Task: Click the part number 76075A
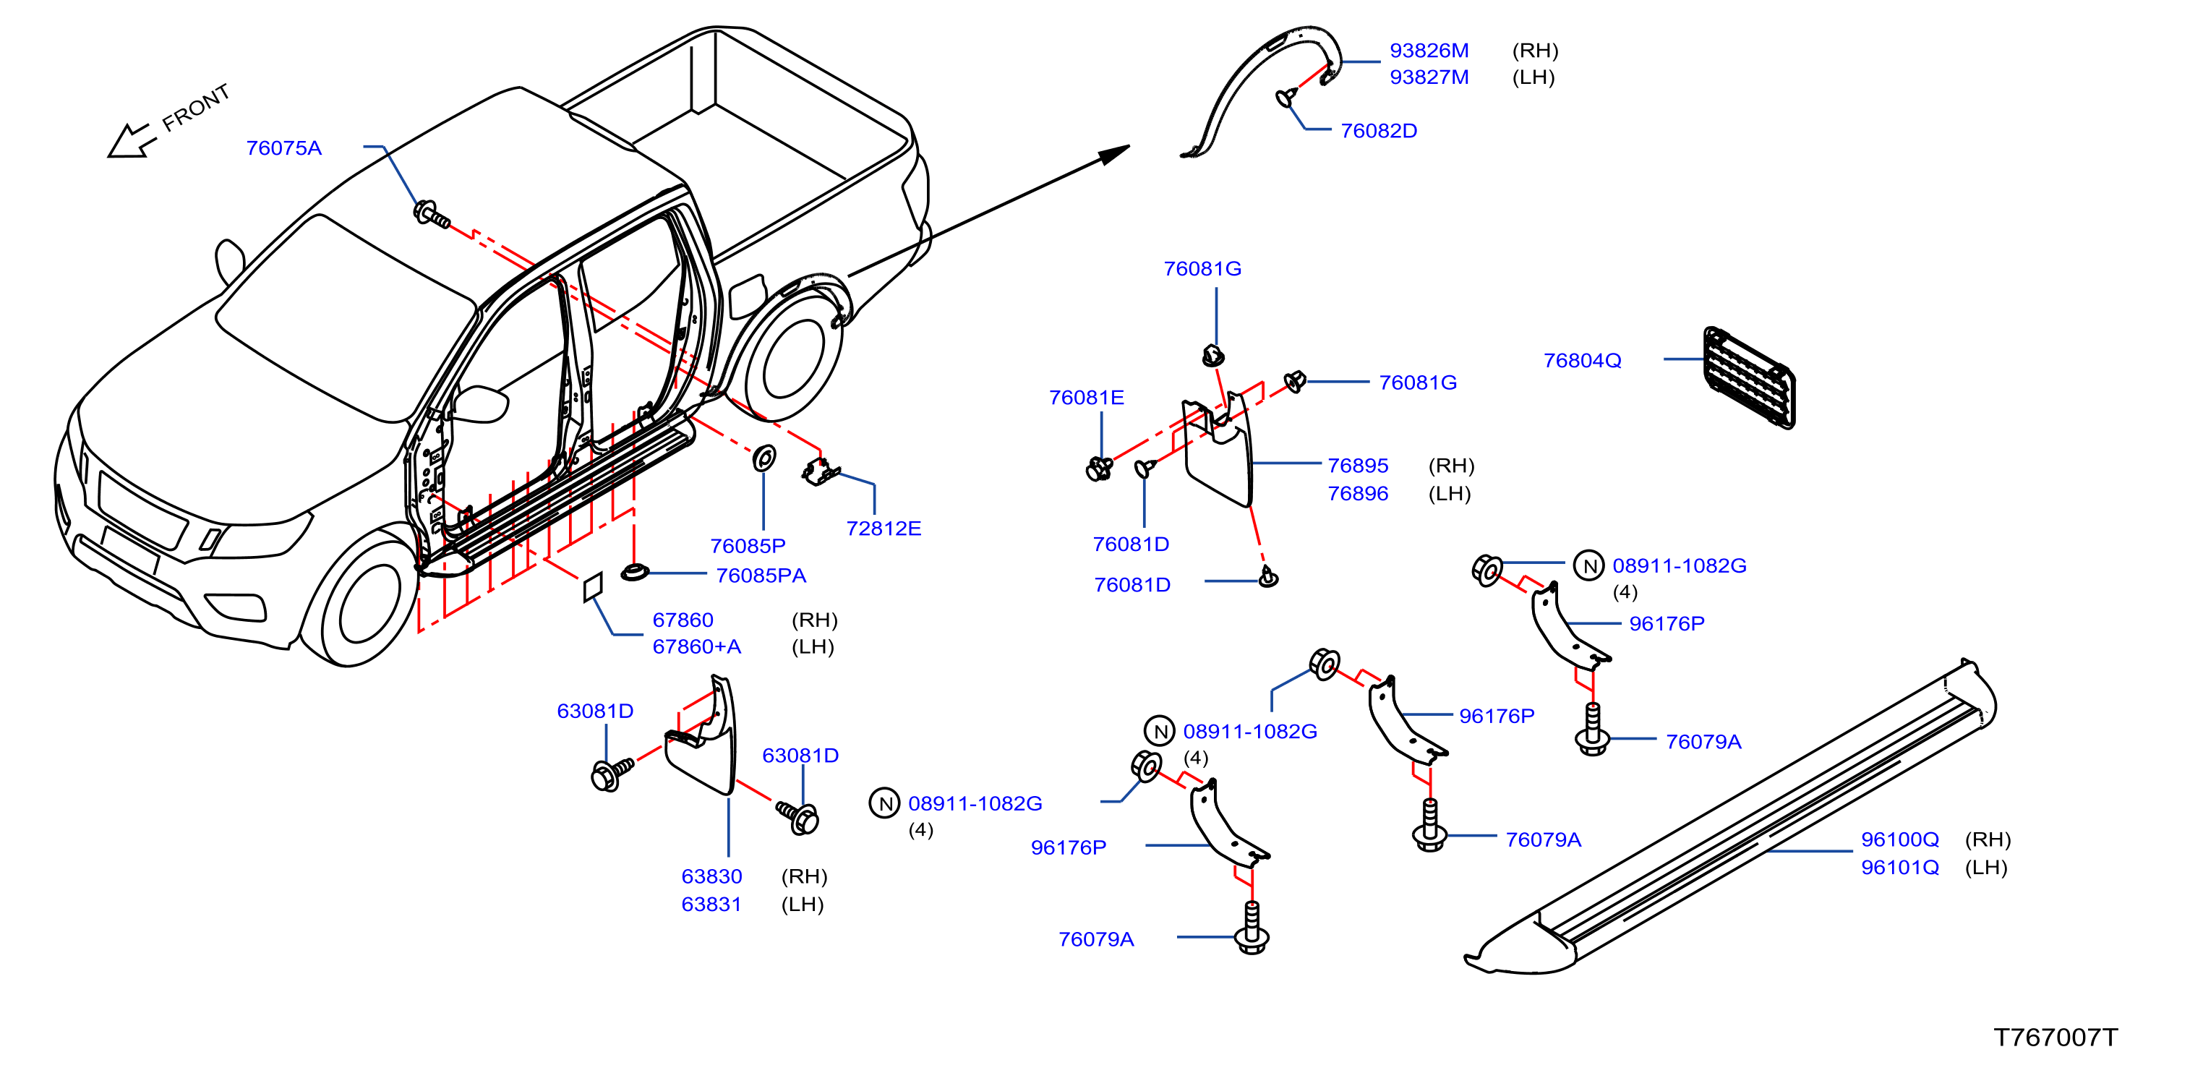(284, 148)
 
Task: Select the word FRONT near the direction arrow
(197, 108)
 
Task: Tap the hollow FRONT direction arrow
(131, 142)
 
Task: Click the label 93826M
(1429, 51)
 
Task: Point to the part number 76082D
(1379, 131)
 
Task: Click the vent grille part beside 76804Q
(1749, 376)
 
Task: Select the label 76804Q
(1582, 361)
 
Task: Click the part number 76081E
(1086, 398)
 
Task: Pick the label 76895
(1358, 466)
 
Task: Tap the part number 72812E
(884, 529)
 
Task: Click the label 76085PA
(761, 576)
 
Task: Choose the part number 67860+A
(697, 646)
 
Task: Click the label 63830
(711, 876)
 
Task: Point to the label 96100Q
(1900, 839)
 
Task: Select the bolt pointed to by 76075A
(431, 214)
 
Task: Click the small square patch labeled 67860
(593, 586)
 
